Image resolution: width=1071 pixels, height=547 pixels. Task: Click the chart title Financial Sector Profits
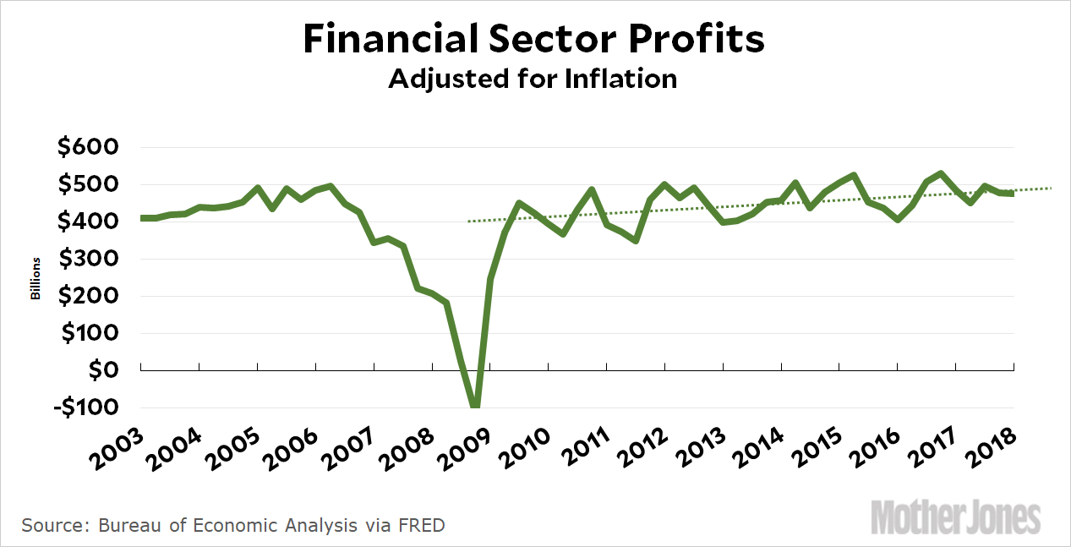pyautogui.click(x=534, y=39)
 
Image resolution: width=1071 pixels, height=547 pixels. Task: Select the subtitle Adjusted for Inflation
pyautogui.click(x=533, y=79)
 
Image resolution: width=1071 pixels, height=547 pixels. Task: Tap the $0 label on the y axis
pyautogui.click(x=109, y=370)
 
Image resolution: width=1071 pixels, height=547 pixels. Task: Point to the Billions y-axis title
pyautogui.click(x=36, y=279)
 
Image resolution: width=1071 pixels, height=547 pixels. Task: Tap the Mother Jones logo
pyautogui.click(x=956, y=516)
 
